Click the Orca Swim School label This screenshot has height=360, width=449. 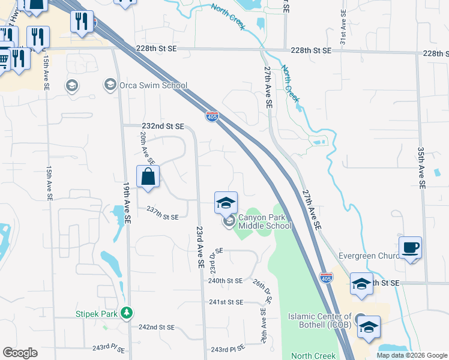click(153, 85)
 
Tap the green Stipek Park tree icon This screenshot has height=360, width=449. click(126, 313)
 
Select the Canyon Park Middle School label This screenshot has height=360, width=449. click(265, 221)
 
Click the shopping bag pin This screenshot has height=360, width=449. click(148, 177)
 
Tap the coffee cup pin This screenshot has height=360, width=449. click(411, 247)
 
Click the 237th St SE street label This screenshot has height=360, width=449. click(163, 217)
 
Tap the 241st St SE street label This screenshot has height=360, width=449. click(226, 302)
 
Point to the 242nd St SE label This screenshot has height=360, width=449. click(156, 328)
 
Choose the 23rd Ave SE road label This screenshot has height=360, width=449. click(200, 246)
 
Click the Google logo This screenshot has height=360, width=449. click(19, 353)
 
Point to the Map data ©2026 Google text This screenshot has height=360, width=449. click(411, 355)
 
